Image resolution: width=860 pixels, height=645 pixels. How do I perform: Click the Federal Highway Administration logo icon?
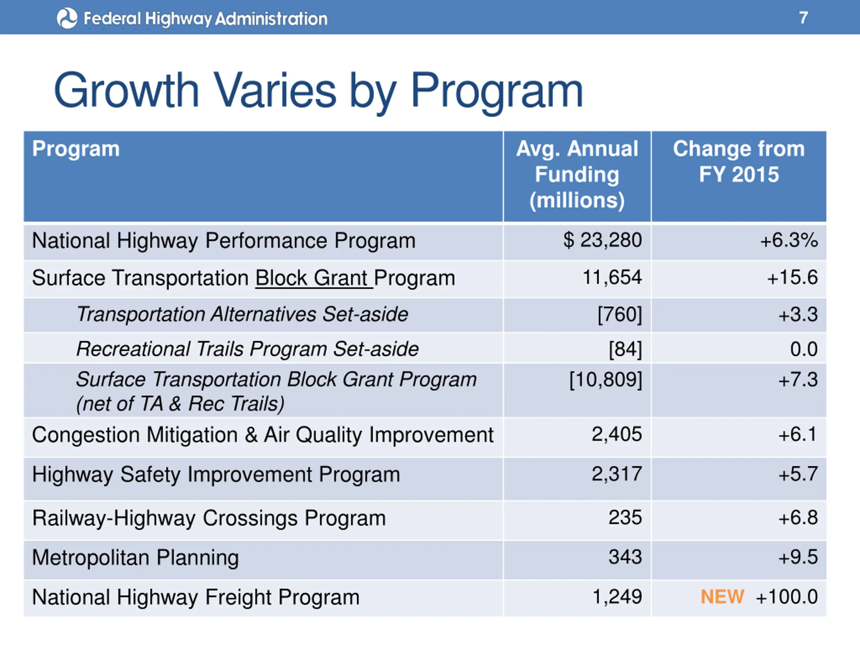(67, 18)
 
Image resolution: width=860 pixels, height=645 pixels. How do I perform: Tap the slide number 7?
(803, 18)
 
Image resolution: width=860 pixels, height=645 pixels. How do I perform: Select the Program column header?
(76, 149)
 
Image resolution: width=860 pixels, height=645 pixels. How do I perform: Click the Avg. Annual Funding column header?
(577, 175)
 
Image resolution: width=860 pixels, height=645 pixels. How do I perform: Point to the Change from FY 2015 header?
(739, 161)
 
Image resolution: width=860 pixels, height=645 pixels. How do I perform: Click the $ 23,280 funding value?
(602, 240)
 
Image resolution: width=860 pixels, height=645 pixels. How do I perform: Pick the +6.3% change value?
(789, 240)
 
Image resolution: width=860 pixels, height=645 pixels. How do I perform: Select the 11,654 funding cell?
(612, 277)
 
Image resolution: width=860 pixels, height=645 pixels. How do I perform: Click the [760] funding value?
(620, 314)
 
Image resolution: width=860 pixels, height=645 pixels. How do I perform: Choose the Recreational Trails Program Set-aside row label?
(247, 349)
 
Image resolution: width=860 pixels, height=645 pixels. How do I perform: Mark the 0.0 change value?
(804, 349)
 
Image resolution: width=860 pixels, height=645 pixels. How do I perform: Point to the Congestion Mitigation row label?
(262, 435)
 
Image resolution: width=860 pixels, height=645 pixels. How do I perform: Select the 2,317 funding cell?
(617, 474)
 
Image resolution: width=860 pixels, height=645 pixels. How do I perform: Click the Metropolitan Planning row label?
(135, 558)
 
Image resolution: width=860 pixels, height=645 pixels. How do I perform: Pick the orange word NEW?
(722, 597)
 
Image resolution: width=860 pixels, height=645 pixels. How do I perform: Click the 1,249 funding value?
(617, 597)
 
